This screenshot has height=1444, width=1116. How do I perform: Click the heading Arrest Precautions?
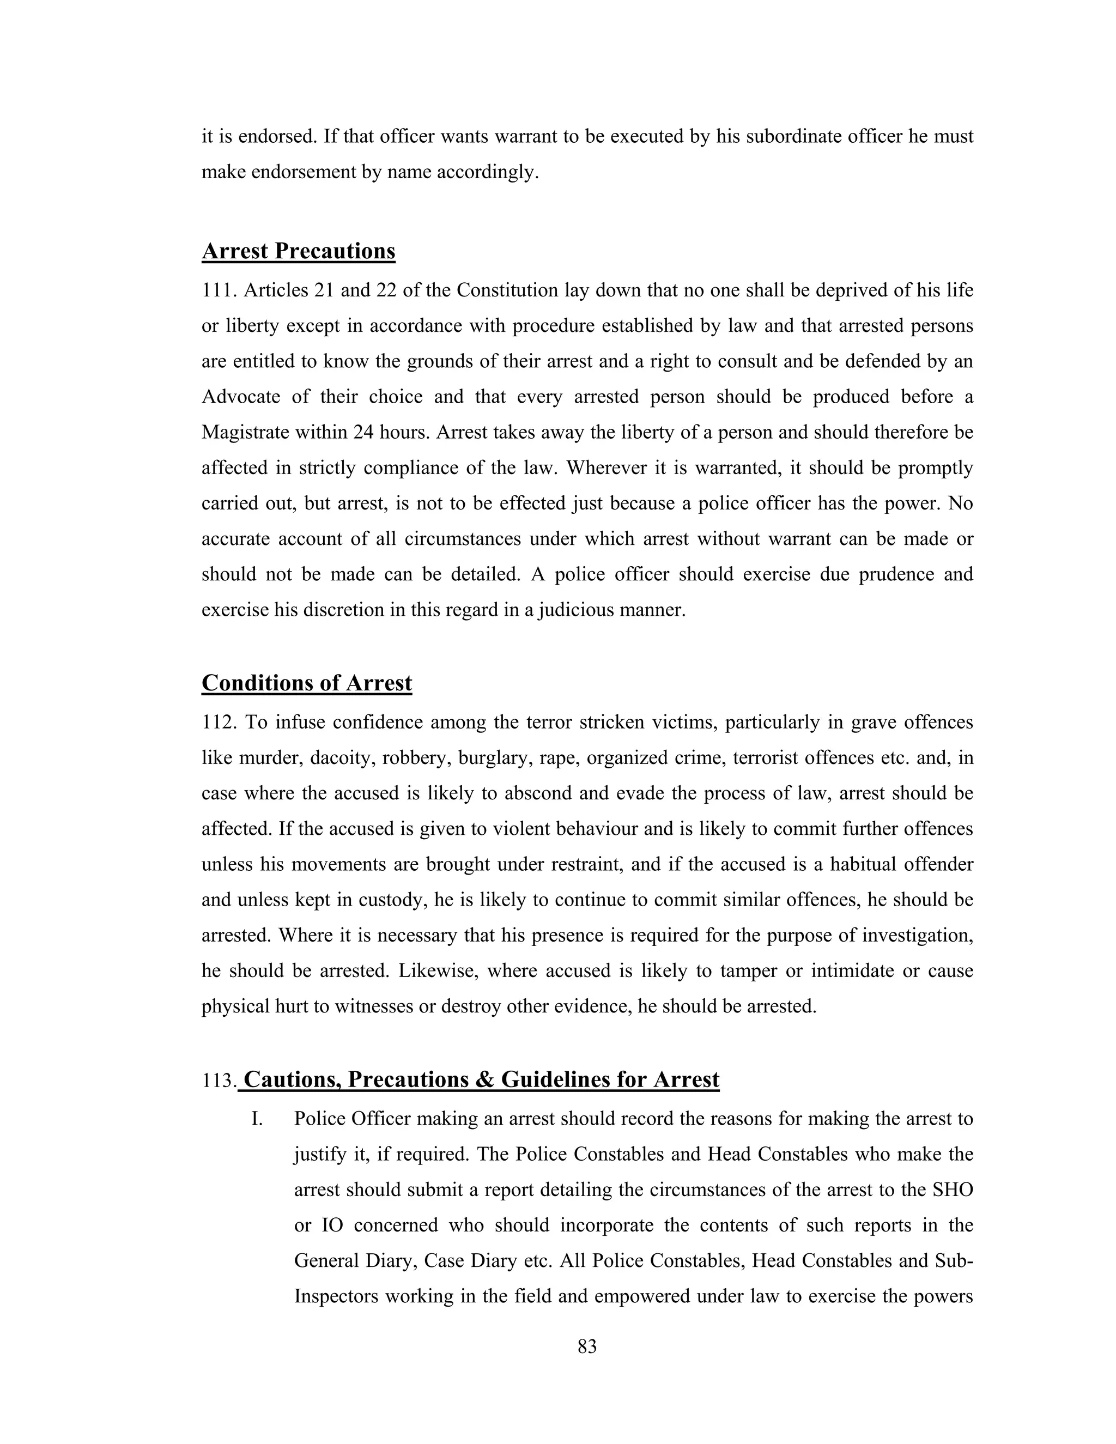pos(298,251)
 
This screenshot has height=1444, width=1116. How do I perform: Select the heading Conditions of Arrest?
pos(306,683)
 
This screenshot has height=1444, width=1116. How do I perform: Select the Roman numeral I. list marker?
pos(257,1119)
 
